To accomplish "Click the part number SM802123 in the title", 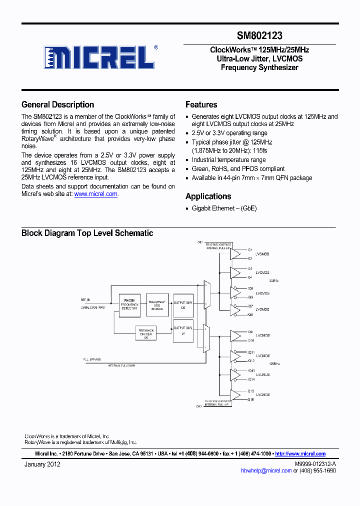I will tap(259, 36).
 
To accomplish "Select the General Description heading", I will tap(57, 104).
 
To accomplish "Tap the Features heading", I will tap(201, 104).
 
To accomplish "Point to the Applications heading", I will tap(208, 196).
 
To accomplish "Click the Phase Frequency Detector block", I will tap(129, 305).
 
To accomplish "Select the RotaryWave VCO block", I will tap(157, 305).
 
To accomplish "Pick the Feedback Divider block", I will tap(146, 333).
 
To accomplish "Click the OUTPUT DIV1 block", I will tap(182, 305).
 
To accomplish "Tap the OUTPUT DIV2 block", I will tap(182, 331).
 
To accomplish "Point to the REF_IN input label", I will tap(85, 300).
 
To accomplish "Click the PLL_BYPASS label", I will tap(91, 359).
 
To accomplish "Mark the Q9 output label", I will tap(250, 331).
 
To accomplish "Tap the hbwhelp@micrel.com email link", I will tap(266, 470).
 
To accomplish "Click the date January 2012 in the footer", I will tap(42, 464).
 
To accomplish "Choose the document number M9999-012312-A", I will tap(315, 464).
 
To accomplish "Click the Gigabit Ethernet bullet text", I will tap(224, 208).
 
